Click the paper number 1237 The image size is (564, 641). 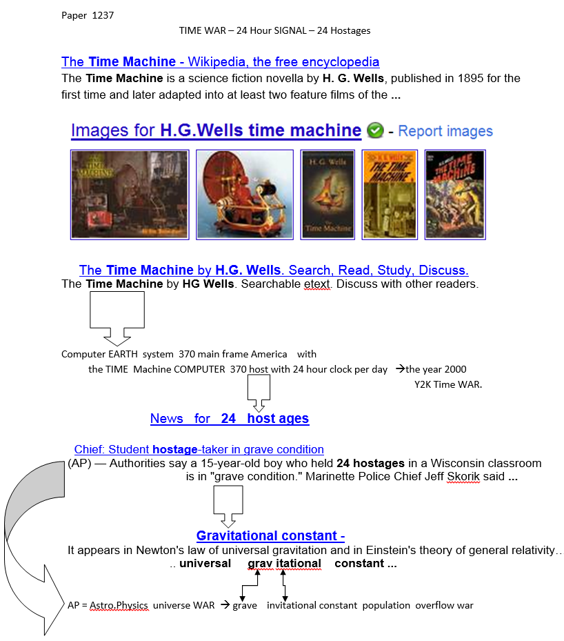103,15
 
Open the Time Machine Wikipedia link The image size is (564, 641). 220,62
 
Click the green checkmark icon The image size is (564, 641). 375,130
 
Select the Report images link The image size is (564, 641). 445,131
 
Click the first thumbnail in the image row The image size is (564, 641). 130,195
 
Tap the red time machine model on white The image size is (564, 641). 244,195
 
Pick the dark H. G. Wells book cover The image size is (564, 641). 328,195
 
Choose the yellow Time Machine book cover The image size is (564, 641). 390,195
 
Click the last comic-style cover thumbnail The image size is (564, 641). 454,195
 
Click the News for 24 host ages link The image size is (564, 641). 229,418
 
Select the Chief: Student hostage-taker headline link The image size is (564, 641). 199,449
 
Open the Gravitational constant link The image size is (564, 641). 270,536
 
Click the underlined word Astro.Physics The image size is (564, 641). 119,605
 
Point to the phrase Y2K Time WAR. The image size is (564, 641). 447,384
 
